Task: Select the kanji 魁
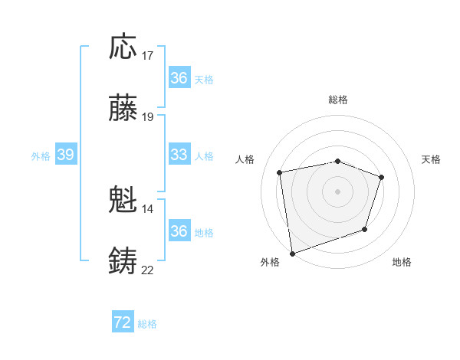tap(123, 201)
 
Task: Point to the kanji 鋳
tap(123, 261)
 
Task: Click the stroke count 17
tap(148, 55)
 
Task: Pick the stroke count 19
tap(148, 117)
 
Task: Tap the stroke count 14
tap(148, 208)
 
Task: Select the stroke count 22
tap(148, 270)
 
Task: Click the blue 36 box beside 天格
tap(179, 78)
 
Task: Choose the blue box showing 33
tap(179, 155)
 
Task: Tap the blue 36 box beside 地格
tap(179, 231)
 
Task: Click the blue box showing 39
tap(65, 155)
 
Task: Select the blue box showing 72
tap(123, 323)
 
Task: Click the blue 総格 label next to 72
tap(148, 324)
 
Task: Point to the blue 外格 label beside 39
tap(41, 156)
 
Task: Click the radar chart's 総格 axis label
tap(338, 100)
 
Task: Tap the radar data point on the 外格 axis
tap(291, 253)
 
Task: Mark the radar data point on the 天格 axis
tap(382, 178)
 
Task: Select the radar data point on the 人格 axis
tap(280, 172)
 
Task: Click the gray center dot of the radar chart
tap(337, 191)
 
